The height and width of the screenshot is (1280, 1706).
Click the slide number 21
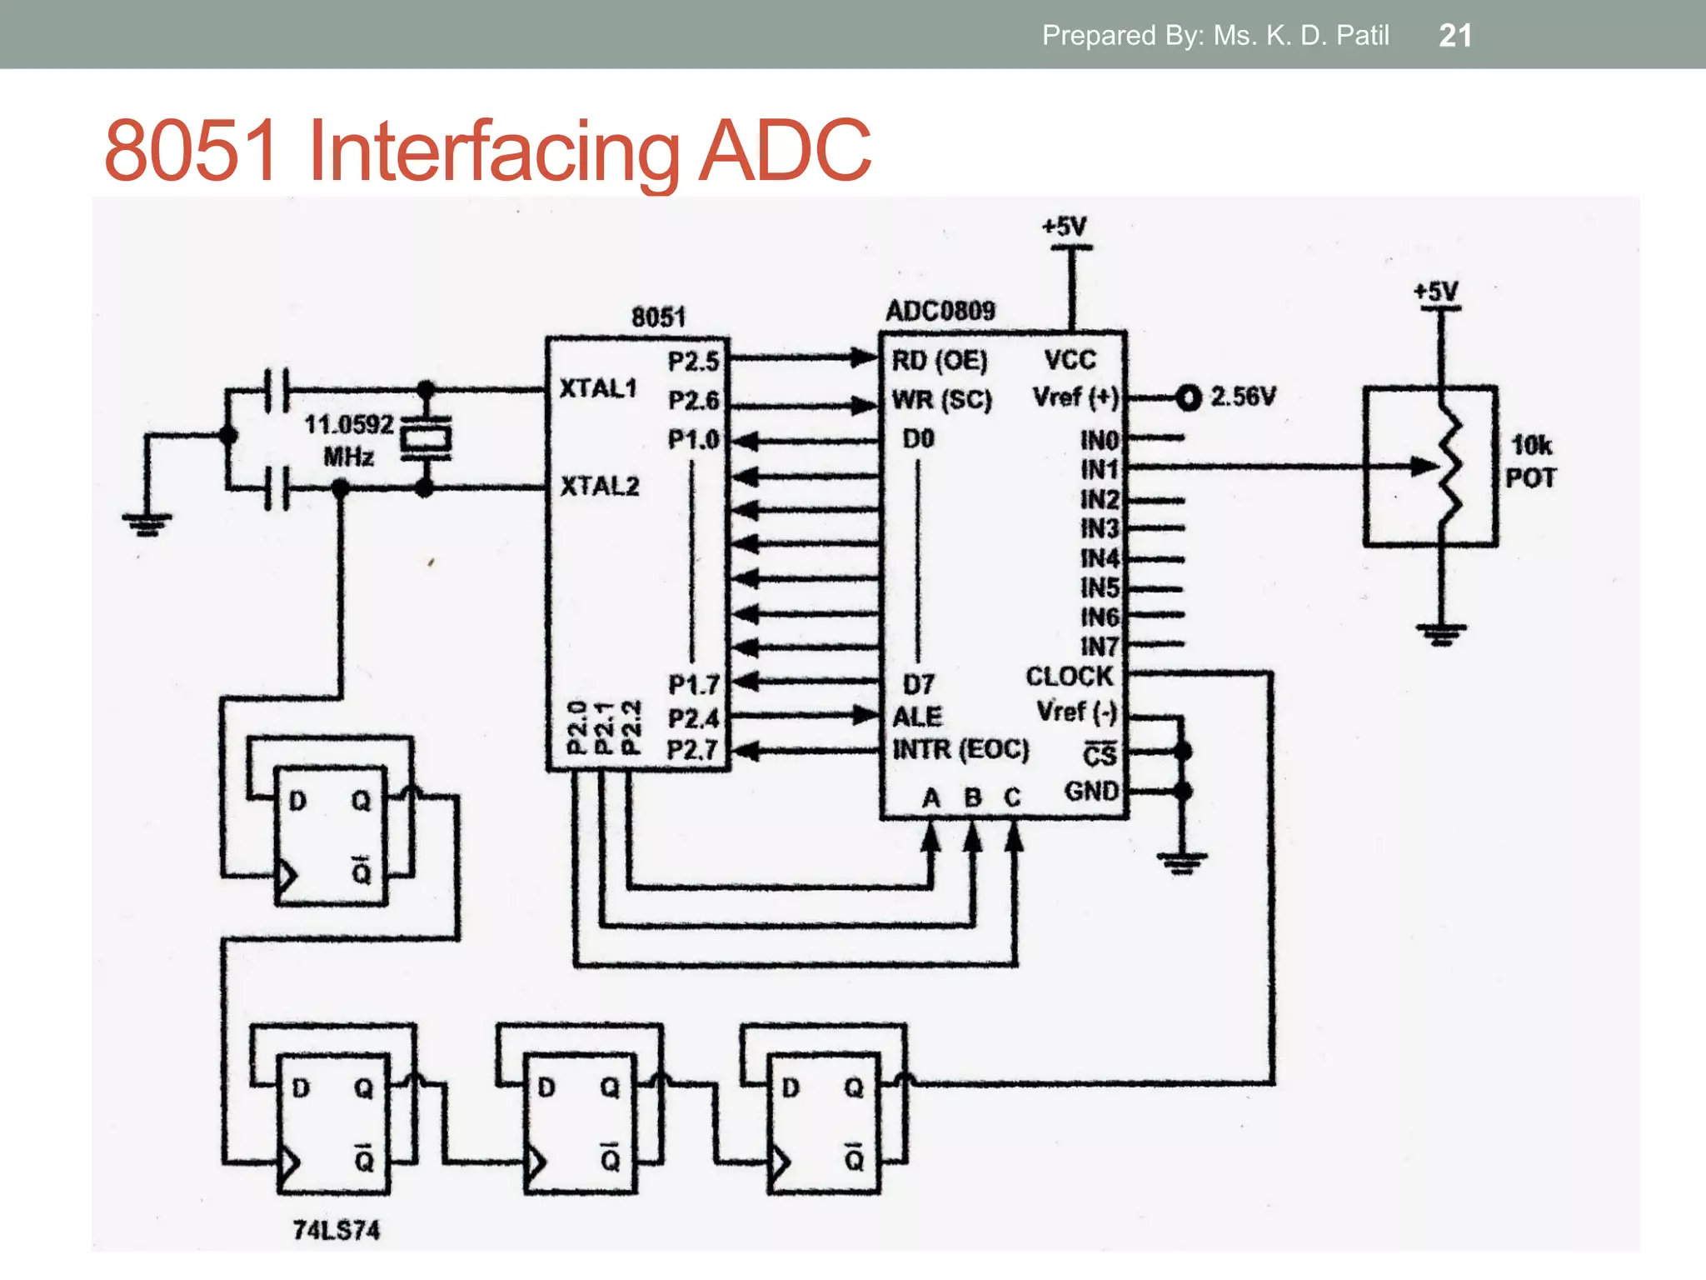(1454, 36)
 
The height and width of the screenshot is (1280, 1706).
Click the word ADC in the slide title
(785, 151)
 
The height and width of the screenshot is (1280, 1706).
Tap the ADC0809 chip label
(940, 311)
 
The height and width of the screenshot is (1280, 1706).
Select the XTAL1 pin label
(597, 388)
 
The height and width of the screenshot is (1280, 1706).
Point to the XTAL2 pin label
(599, 486)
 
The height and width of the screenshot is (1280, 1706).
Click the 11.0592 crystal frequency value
(348, 425)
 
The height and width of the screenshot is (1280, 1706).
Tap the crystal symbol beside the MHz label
(426, 438)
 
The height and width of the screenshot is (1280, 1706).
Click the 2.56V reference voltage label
(1242, 397)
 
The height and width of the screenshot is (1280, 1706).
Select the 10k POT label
(1531, 462)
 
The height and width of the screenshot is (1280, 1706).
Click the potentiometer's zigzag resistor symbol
(1451, 467)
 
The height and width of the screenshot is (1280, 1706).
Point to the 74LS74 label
(337, 1230)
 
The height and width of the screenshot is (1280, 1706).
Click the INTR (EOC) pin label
(960, 749)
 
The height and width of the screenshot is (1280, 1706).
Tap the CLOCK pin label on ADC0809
(1069, 677)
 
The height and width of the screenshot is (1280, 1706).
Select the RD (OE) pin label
(939, 361)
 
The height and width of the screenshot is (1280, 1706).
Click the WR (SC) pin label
(941, 400)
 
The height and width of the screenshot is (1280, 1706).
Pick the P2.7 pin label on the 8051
(692, 750)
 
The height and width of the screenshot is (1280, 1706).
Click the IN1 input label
(1099, 470)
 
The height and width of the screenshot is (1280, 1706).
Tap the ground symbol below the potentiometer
(1440, 636)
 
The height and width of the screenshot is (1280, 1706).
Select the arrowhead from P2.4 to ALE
(865, 715)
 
